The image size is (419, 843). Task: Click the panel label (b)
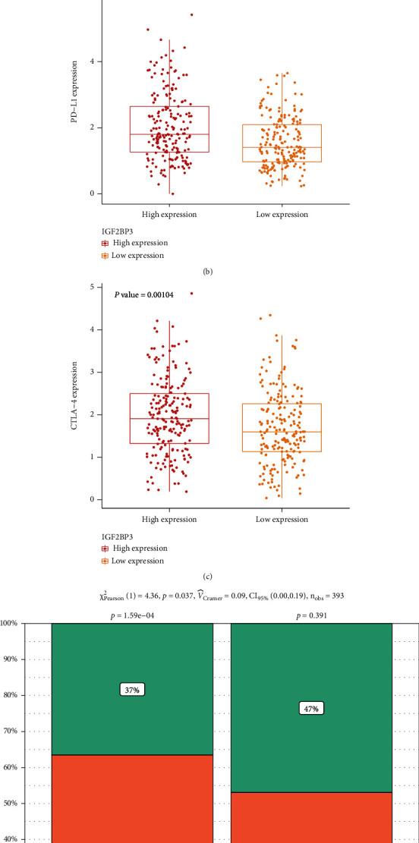pyautogui.click(x=209, y=268)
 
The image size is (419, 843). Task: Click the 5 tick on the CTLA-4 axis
pyautogui.click(x=90, y=287)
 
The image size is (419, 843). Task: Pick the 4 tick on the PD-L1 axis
pyautogui.click(x=90, y=61)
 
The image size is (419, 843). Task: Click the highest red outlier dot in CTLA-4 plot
pyautogui.click(x=191, y=293)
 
